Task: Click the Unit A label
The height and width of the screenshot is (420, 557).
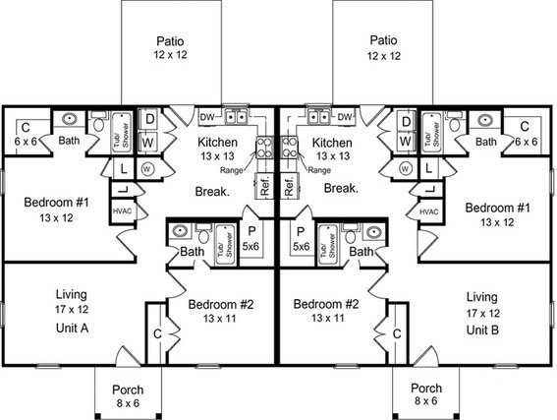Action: pyautogui.click(x=72, y=328)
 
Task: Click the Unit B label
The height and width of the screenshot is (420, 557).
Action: pyautogui.click(x=482, y=330)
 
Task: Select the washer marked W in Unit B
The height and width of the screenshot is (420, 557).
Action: pyautogui.click(x=406, y=142)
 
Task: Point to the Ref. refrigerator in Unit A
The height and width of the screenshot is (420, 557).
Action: pyautogui.click(x=264, y=186)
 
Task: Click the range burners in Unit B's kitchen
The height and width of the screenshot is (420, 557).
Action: pyautogui.click(x=289, y=148)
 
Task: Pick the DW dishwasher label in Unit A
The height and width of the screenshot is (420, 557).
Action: pyautogui.click(x=207, y=117)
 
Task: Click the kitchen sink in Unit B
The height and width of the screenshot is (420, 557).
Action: pyautogui.click(x=319, y=117)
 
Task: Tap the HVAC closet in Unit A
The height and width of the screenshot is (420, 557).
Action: pyautogui.click(x=122, y=211)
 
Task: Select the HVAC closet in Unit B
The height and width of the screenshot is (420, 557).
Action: pyautogui.click(x=429, y=211)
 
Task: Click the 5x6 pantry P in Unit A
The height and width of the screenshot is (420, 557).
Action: pyautogui.click(x=251, y=239)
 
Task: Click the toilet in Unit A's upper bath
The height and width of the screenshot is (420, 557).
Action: pyautogui.click(x=98, y=122)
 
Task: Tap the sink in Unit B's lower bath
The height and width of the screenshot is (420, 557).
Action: pyautogui.click(x=373, y=233)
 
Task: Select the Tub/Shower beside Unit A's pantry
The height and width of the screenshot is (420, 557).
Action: pyautogui.click(x=226, y=244)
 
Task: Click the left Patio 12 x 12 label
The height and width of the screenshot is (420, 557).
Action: pyautogui.click(x=171, y=47)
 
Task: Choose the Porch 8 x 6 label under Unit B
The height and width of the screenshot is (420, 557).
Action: pyautogui.click(x=426, y=394)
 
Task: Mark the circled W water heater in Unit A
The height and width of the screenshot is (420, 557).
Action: pyautogui.click(x=147, y=169)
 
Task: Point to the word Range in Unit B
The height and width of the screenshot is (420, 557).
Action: pyautogui.click(x=319, y=170)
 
